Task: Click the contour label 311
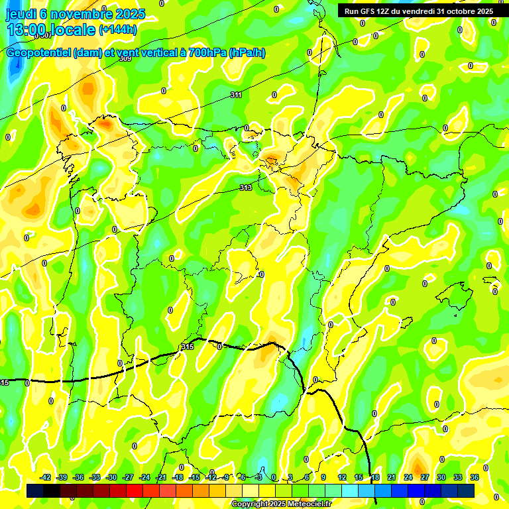click(x=236, y=95)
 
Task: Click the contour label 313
click(x=246, y=188)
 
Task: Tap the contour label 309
click(x=125, y=59)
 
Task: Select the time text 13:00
click(x=25, y=30)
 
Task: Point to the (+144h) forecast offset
click(x=118, y=30)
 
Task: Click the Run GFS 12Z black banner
click(x=416, y=11)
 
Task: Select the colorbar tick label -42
click(x=45, y=477)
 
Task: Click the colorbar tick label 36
click(x=474, y=477)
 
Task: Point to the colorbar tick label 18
click(x=374, y=477)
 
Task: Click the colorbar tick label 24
click(x=408, y=477)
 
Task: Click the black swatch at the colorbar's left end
click(x=35, y=491)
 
